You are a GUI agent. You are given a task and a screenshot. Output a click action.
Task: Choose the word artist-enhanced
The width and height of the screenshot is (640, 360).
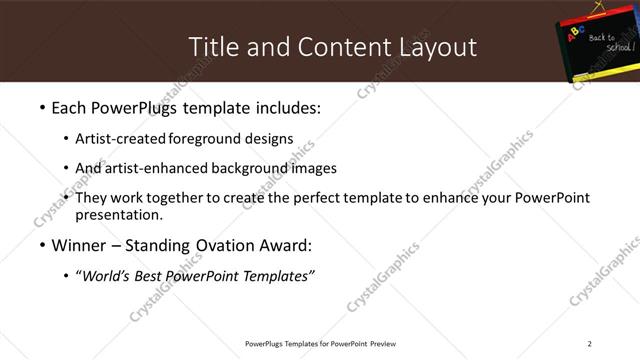[152, 168]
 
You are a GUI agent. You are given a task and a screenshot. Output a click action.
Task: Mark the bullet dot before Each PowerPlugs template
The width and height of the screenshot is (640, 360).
[41, 107]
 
